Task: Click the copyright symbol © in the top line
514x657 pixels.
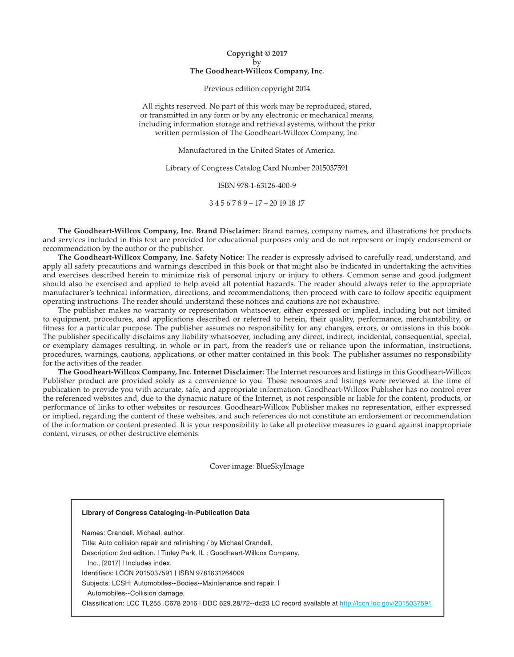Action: [x=267, y=54]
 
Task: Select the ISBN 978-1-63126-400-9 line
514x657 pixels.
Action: [x=257, y=186]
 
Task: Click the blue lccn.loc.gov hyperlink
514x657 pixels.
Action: [x=385, y=604]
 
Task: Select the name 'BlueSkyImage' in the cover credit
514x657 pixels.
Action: [x=280, y=466]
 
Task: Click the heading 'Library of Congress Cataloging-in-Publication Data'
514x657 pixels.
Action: [x=165, y=513]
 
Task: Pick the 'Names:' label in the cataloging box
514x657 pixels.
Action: [x=93, y=533]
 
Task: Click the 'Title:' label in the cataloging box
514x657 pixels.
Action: [x=89, y=543]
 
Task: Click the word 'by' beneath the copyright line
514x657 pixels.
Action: [x=257, y=63]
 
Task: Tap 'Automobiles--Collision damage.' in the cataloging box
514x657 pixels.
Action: [x=136, y=593]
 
